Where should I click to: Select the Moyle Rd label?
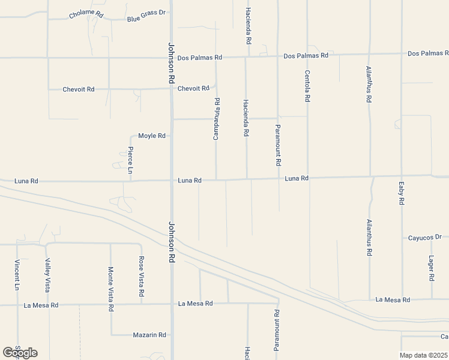(151, 136)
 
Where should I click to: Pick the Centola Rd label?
(307, 86)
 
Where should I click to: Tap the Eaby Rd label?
(401, 193)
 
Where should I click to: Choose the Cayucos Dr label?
(426, 238)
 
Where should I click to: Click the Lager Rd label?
(432, 268)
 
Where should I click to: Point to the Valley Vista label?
(47, 275)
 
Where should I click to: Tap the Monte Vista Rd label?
(110, 289)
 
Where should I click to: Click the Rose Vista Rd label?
(142, 277)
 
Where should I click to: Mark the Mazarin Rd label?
(150, 335)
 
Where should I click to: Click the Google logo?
(20, 352)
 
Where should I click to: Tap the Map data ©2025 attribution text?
(423, 355)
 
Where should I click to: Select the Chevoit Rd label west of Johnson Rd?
(79, 89)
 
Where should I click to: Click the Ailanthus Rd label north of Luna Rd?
(369, 85)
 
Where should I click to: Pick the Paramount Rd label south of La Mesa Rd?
(277, 331)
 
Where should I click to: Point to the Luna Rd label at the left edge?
(26, 181)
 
